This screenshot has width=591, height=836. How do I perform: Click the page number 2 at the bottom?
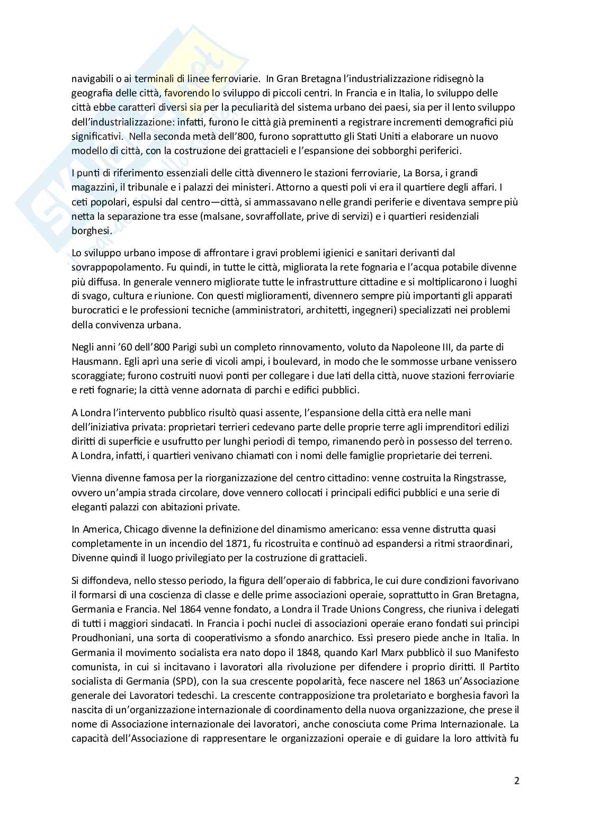[516, 781]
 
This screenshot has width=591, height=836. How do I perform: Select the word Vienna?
[86, 478]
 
